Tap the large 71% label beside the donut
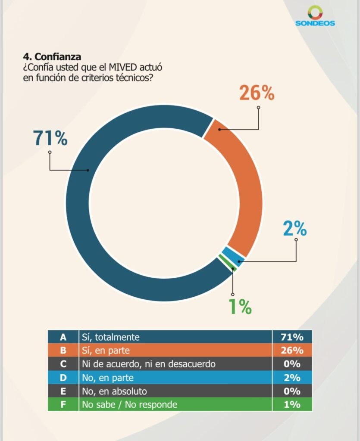(50, 138)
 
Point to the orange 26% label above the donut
(257, 93)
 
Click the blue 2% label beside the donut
(294, 229)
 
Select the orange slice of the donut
(241, 181)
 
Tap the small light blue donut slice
(233, 256)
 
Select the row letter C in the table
(63, 364)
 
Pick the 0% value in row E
(292, 391)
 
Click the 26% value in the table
(292, 350)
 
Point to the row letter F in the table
(63, 404)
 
